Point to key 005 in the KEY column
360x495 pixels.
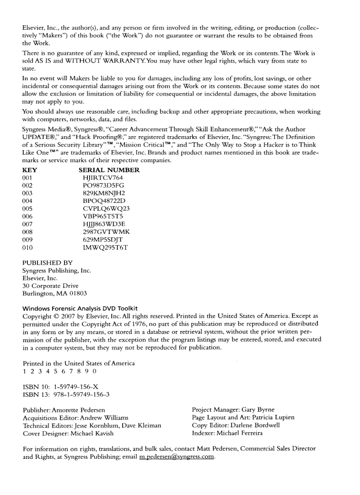click(x=27, y=208)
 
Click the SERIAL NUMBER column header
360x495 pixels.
click(x=109, y=170)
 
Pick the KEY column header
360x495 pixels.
click(x=30, y=170)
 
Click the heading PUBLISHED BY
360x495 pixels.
click(x=47, y=263)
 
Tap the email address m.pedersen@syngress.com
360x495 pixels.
click(x=176, y=457)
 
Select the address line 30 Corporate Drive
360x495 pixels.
click(x=50, y=286)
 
